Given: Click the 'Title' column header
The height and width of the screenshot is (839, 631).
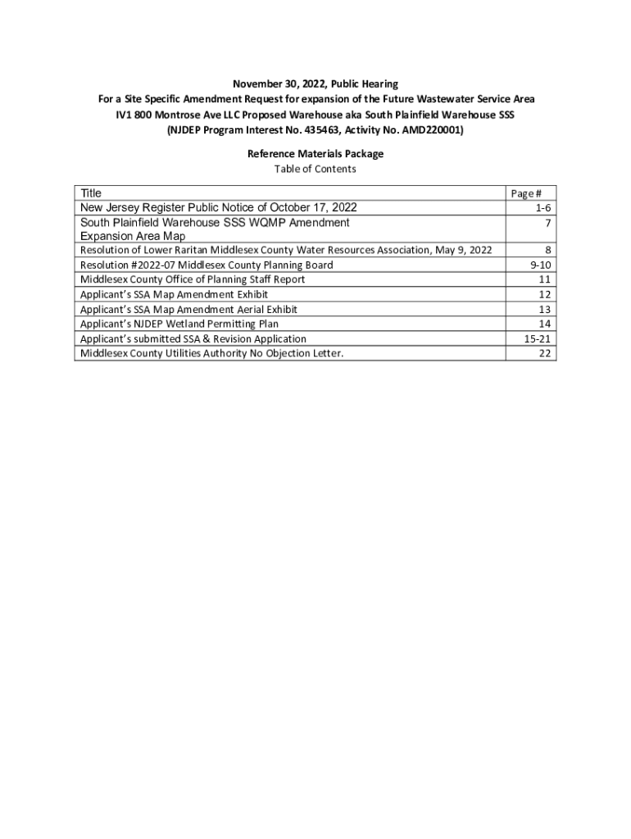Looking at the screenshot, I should pyautogui.click(x=91, y=193).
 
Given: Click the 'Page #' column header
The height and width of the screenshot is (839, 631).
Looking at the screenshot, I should pyautogui.click(x=525, y=194).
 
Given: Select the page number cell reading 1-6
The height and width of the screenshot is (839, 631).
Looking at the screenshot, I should pyautogui.click(x=539, y=208).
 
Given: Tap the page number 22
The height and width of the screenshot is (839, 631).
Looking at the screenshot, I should pyautogui.click(x=543, y=354).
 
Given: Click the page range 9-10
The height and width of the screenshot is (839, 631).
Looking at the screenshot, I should pyautogui.click(x=538, y=265).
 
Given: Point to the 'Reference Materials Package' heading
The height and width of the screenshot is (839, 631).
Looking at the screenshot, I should pyautogui.click(x=315, y=154).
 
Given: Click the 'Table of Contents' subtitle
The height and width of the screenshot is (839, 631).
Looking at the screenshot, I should pyautogui.click(x=315, y=169).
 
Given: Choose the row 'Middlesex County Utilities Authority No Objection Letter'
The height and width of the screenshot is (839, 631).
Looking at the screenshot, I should pyautogui.click(x=211, y=354).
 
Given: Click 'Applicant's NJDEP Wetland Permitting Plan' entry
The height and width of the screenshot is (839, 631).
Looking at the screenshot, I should pyautogui.click(x=179, y=324).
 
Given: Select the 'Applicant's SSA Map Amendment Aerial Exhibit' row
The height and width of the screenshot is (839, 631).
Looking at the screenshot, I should pyautogui.click(x=188, y=310).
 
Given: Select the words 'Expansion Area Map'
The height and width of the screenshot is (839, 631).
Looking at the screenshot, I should pyautogui.click(x=133, y=236).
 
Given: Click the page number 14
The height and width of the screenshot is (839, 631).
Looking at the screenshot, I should pyautogui.click(x=543, y=324).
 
